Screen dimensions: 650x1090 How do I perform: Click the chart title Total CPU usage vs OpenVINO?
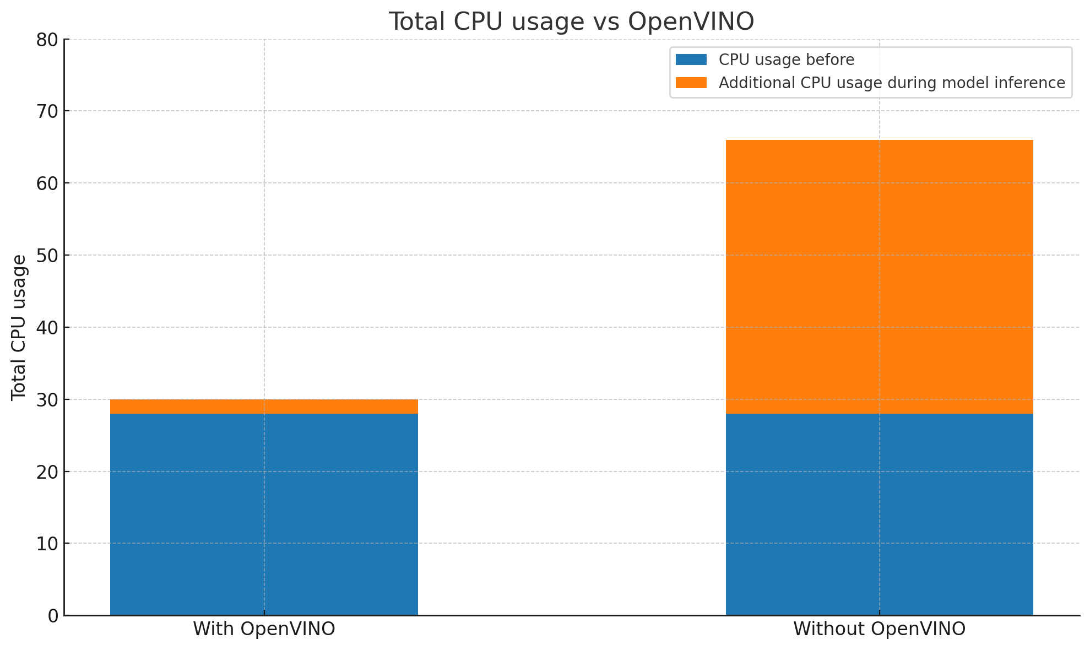pos(571,22)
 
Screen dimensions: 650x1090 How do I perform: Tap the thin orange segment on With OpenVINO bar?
pos(264,407)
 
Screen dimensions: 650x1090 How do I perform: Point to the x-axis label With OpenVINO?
pos(264,629)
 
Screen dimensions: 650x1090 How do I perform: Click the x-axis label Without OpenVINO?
pos(879,629)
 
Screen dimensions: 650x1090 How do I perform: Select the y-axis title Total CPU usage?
pos(19,327)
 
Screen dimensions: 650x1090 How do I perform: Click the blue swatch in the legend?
pos(691,59)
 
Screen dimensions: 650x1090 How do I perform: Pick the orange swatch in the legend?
pos(691,83)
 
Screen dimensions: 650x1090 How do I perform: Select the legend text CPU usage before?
pos(787,59)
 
